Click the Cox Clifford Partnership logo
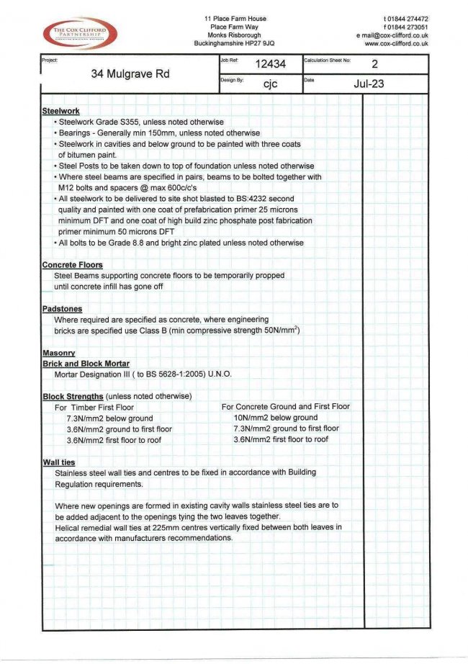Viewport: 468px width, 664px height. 80,34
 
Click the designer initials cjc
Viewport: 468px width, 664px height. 270,84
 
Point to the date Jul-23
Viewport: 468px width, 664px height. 369,84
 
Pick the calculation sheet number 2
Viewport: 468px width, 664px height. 374,64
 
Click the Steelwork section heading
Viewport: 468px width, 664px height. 61,112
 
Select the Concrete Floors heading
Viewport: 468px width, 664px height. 72,265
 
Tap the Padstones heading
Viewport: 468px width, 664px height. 63,309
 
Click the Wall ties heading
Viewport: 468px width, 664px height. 59,462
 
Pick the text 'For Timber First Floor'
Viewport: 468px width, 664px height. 94,407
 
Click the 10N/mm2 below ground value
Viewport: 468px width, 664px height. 275,418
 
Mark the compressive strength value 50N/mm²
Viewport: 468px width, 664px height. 275,331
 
